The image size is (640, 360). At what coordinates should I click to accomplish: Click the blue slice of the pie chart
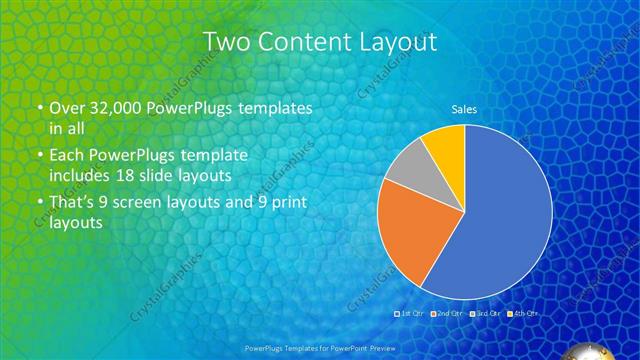tap(500, 220)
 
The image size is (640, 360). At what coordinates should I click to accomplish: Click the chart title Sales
tap(464, 109)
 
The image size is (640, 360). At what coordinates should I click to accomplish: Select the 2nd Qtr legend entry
tap(449, 314)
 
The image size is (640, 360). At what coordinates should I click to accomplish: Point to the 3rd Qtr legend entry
tap(487, 314)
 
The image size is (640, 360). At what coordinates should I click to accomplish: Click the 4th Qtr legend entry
tap(523, 314)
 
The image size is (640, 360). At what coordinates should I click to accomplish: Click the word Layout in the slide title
tap(395, 42)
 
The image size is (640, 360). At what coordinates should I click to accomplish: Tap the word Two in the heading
tap(223, 42)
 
